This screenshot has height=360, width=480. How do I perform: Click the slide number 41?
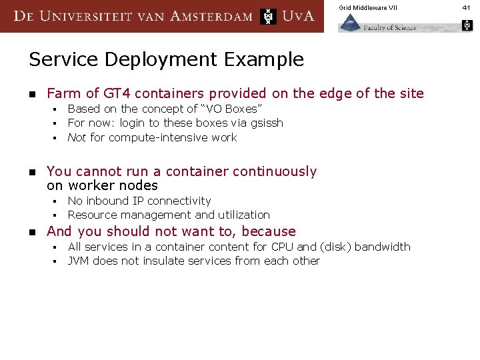coord(467,7)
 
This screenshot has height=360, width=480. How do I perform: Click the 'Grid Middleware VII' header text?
coord(367,7)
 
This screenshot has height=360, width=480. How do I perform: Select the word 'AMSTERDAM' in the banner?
coord(211,16)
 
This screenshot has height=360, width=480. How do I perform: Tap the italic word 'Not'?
coord(77,137)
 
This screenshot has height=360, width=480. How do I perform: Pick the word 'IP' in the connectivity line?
coord(137,201)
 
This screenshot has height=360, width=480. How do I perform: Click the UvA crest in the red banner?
coord(268,16)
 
